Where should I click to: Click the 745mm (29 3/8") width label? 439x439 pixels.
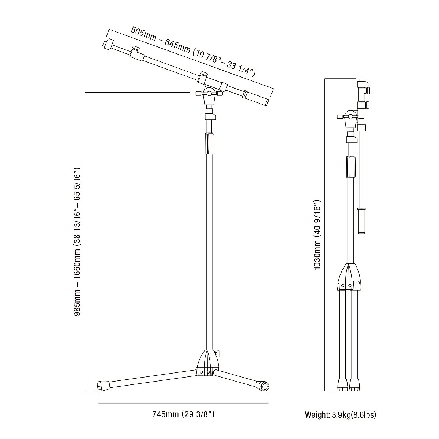click(183, 414)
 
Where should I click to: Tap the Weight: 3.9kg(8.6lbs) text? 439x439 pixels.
click(340, 415)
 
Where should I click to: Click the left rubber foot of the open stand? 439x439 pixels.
click(104, 385)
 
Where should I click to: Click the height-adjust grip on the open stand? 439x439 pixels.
click(209, 144)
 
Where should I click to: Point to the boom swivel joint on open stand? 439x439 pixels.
click(209, 94)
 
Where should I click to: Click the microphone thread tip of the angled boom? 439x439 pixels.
click(107, 44)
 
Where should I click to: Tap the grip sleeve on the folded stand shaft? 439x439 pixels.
click(350, 166)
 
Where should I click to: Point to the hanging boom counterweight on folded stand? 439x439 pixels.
click(361, 221)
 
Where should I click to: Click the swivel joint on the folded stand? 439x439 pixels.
click(350, 117)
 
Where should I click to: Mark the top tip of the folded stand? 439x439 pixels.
click(361, 80)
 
